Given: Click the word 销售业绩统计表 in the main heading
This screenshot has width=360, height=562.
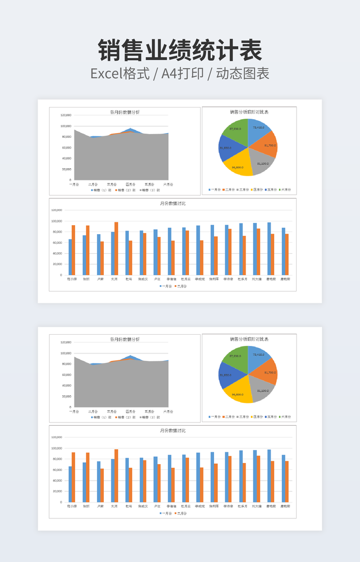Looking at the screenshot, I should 180,52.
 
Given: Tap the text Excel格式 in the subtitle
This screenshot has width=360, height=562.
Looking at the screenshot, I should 120,73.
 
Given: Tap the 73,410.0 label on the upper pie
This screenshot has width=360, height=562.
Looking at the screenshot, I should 259,128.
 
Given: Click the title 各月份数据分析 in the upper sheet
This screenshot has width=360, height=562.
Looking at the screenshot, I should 125,112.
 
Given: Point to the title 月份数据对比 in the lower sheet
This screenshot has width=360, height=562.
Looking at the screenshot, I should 173,431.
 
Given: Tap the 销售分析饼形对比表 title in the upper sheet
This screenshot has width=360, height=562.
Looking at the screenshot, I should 249,112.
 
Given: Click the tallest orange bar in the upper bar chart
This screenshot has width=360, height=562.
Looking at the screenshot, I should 116,249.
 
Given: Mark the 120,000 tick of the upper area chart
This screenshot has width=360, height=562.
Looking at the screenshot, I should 66,115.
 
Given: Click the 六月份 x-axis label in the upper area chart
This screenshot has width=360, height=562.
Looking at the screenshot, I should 168,185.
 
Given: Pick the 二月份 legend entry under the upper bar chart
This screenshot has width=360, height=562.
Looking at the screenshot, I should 181,286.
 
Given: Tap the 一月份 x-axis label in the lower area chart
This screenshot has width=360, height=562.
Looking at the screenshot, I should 74,412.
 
